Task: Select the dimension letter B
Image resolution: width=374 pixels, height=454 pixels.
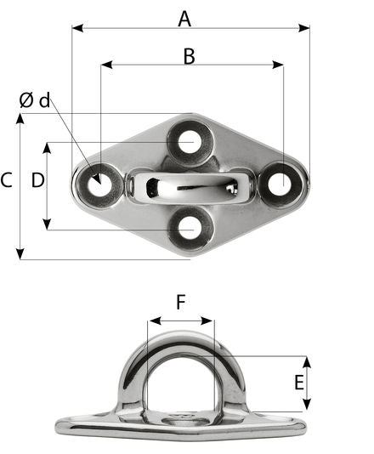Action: click(x=189, y=56)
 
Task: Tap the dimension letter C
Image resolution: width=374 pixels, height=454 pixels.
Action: click(x=7, y=180)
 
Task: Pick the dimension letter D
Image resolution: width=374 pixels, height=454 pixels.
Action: click(x=37, y=180)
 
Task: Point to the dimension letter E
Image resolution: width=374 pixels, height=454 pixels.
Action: click(x=299, y=383)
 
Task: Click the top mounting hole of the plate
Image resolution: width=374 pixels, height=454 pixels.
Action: click(x=190, y=141)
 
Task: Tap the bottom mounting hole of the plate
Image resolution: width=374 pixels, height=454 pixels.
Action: click(x=190, y=227)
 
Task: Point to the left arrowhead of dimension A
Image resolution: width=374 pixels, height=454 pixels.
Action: click(x=76, y=28)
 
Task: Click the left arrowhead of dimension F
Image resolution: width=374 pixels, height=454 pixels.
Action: click(x=150, y=322)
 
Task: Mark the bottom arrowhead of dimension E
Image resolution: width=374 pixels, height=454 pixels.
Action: click(x=307, y=406)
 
